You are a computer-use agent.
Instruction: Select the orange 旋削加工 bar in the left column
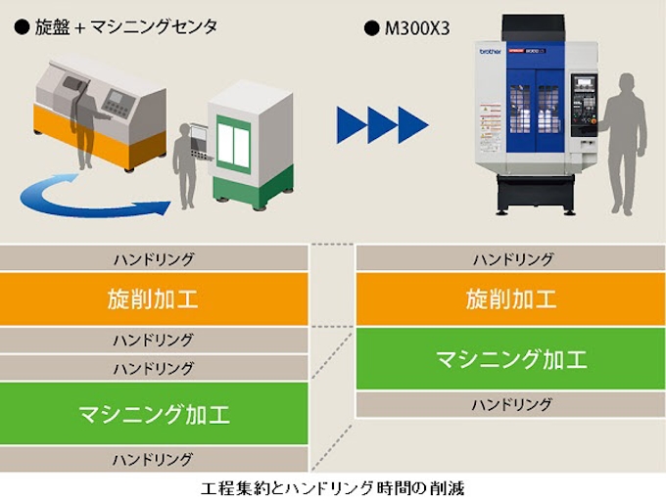click(x=153, y=298)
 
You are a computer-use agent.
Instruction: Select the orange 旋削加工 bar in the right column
click(x=510, y=298)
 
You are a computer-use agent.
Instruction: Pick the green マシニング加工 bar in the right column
click(x=510, y=359)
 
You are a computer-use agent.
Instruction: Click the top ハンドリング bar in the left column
click(x=153, y=259)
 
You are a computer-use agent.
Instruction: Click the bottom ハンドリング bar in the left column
click(x=153, y=458)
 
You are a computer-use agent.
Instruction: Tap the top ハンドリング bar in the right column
click(x=510, y=259)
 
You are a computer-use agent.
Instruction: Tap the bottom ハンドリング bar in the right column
click(x=510, y=404)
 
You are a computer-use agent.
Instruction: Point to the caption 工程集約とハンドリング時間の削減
click(x=333, y=486)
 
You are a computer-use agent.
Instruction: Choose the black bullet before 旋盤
click(x=22, y=28)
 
